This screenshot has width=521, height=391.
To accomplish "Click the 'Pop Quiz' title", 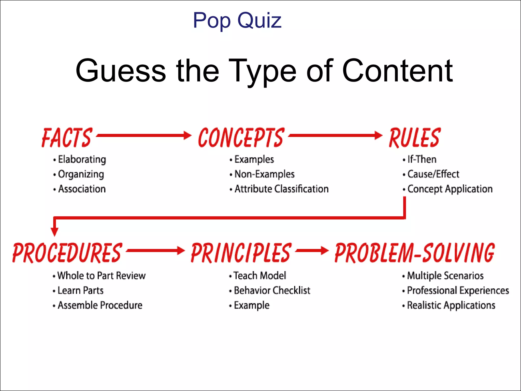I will click(237, 20).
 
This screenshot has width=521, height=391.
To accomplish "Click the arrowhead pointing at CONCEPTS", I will click(187, 135).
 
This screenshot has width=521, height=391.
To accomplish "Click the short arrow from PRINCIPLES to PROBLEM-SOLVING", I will click(312, 250).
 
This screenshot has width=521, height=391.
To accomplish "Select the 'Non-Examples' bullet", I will click(264, 174).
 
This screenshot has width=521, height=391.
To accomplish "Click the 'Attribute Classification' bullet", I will click(281, 189).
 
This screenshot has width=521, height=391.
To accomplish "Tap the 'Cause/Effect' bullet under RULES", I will click(433, 174).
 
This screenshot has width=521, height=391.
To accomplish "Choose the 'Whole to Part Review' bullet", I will click(101, 276).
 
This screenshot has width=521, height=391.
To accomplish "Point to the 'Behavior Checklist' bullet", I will click(272, 290).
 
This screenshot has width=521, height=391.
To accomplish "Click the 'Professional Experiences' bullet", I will click(458, 290).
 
